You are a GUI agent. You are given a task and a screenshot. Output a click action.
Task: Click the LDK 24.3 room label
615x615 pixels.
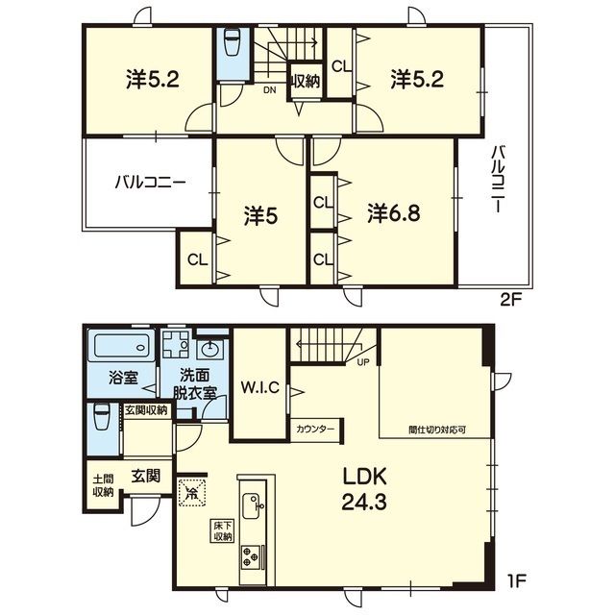(365, 489)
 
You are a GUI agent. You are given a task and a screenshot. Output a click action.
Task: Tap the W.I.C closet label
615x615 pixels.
(260, 387)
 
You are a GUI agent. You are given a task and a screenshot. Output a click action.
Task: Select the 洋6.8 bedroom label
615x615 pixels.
(394, 213)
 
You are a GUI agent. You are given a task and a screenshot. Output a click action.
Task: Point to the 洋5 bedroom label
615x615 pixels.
(260, 216)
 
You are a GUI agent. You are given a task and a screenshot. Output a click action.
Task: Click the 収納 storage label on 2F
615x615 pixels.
(306, 81)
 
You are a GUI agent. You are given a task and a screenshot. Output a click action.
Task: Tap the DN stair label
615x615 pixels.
(269, 90)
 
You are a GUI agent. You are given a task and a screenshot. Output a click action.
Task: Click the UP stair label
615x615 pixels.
(363, 362)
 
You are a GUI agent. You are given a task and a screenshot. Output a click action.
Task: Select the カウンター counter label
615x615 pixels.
(315, 429)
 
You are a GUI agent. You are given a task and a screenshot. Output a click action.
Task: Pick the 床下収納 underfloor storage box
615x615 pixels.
(223, 530)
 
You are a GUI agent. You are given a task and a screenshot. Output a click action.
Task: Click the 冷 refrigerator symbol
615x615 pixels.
(192, 492)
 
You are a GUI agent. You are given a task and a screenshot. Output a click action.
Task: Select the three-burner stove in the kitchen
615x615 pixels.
(250, 556)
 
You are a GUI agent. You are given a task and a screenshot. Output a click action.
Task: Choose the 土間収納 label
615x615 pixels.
(103, 486)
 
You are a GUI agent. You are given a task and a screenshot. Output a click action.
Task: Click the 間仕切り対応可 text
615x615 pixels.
(437, 430)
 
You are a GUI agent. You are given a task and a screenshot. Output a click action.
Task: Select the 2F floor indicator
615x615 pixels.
(511, 300)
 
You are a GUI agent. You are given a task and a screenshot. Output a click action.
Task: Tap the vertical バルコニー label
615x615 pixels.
(499, 179)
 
